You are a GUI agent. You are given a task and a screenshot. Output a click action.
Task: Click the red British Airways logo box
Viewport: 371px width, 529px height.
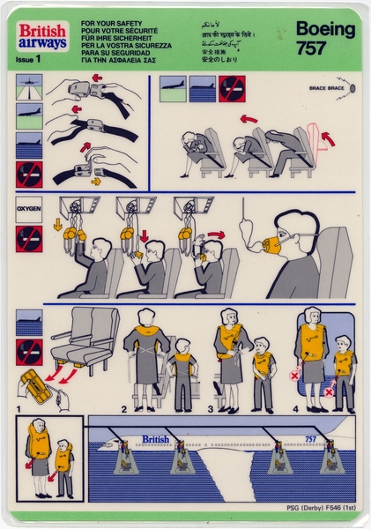point(41,35)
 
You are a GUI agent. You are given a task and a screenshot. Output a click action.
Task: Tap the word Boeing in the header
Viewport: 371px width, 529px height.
point(325,29)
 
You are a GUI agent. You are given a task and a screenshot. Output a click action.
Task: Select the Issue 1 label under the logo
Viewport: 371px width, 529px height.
point(30,59)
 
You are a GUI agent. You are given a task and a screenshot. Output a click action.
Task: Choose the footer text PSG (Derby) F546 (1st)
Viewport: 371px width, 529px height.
point(315,513)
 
